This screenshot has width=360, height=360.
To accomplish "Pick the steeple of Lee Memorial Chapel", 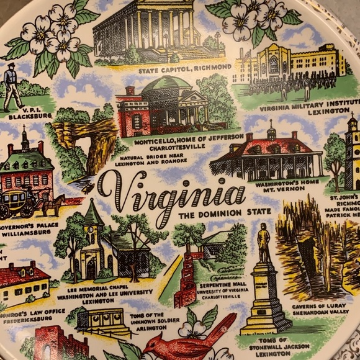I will tap(93, 217).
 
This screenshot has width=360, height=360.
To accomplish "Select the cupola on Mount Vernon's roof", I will tap(271, 132).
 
